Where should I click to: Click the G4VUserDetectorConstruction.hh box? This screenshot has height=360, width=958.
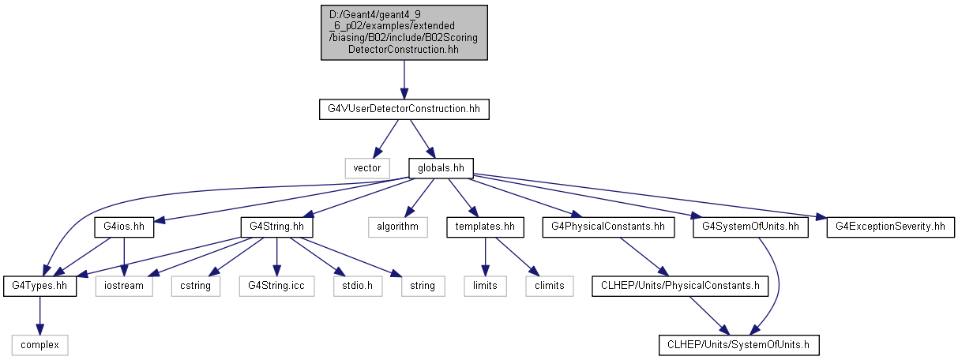click(x=404, y=110)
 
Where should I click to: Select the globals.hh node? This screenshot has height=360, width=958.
click(x=441, y=168)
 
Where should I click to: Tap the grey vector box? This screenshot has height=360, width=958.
click(x=367, y=168)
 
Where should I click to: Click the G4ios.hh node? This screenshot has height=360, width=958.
click(x=124, y=227)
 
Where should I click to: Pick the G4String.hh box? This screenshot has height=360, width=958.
click(x=276, y=227)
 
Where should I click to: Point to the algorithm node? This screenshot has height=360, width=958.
click(x=398, y=227)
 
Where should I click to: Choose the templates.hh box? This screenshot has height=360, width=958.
click(x=485, y=227)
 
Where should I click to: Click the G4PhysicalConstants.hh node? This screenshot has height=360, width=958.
click(x=608, y=227)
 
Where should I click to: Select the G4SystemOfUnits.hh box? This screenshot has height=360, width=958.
click(x=750, y=227)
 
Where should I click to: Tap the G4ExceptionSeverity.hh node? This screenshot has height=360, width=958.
click(x=890, y=227)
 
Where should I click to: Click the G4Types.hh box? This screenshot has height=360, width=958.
click(x=39, y=286)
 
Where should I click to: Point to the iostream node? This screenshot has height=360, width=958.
click(x=124, y=286)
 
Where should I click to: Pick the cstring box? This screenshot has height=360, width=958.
click(x=195, y=286)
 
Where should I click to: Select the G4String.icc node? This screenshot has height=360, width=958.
click(x=276, y=286)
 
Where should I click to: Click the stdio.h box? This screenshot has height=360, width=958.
click(x=358, y=286)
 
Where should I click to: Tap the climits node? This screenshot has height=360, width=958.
click(x=550, y=286)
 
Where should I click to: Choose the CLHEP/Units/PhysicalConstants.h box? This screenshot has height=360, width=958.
click(x=680, y=286)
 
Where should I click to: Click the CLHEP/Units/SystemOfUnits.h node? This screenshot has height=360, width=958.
click(x=738, y=345)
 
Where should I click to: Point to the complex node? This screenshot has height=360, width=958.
click(x=39, y=345)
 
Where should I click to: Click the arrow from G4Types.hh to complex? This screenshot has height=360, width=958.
click(x=39, y=316)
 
